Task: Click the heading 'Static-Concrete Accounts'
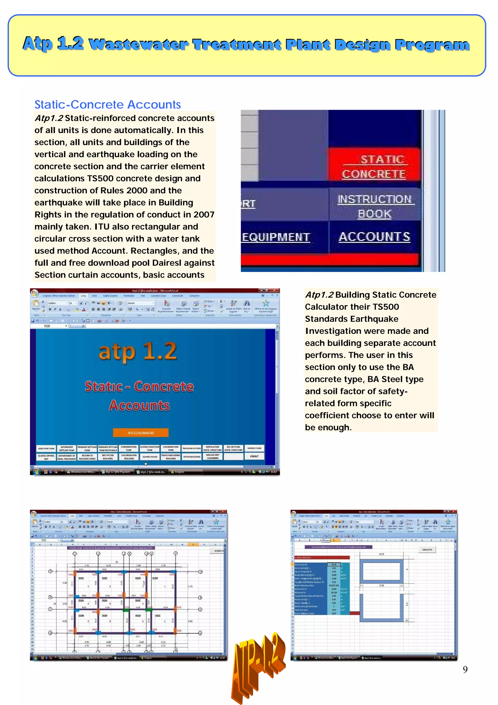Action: pyautogui.click(x=107, y=105)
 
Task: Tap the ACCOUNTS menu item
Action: pyautogui.click(x=374, y=237)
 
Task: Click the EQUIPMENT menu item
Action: pyautogui.click(x=276, y=237)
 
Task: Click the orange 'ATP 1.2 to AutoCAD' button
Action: pyautogui.click(x=141, y=432)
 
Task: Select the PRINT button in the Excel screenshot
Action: pyautogui.click(x=254, y=456)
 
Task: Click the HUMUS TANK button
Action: pyautogui.click(x=254, y=448)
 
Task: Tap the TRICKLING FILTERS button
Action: pyautogui.click(x=191, y=449)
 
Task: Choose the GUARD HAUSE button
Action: pyautogui.click(x=150, y=457)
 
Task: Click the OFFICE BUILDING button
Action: pyautogui.click(x=191, y=457)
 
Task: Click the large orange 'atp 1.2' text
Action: pyautogui.click(x=138, y=352)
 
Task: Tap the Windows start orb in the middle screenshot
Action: pyautogui.click(x=36, y=472)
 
